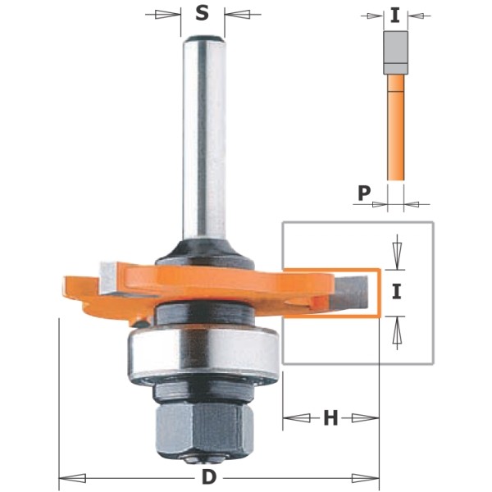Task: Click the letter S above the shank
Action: click(202, 13)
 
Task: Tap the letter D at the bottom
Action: click(209, 478)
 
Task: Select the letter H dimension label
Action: click(330, 418)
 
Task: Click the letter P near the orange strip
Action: click(364, 193)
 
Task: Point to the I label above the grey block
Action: click(395, 16)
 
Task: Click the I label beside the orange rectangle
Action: click(397, 291)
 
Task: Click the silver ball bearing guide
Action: click(203, 352)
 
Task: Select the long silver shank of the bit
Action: click(204, 138)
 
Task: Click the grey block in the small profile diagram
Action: click(395, 52)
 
